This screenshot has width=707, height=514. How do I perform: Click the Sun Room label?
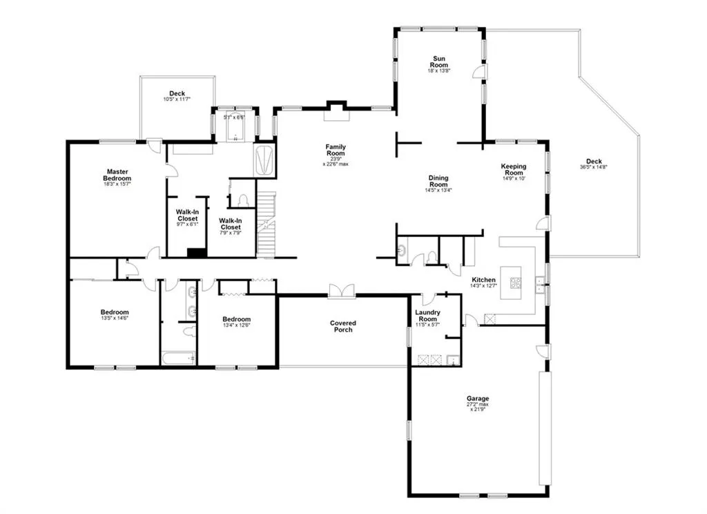440,61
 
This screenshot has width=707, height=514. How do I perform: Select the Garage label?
477,399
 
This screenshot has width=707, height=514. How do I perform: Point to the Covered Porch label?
343,326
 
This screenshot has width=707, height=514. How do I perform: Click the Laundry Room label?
427,316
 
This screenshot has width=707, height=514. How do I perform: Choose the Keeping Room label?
514,169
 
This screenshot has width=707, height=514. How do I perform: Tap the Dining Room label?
438,181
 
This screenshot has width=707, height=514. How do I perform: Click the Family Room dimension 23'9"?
336,158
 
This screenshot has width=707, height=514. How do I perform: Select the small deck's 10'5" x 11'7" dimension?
177,100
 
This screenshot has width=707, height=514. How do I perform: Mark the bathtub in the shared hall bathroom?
178,358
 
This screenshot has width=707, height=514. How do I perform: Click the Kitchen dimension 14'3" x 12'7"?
483,285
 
